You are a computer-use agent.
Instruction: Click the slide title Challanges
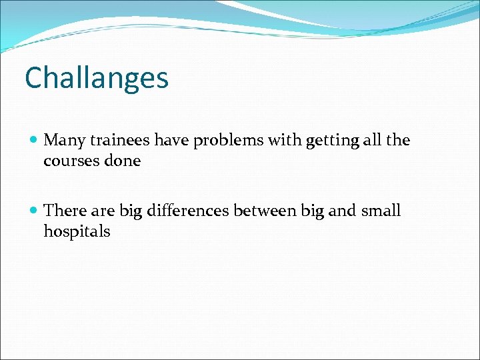[97, 78]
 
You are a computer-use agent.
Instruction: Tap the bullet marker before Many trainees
[34, 141]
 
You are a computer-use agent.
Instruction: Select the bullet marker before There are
[34, 211]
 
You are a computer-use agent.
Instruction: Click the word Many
[64, 141]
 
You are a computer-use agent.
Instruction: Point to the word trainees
[119, 140]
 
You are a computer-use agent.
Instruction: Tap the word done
[122, 161]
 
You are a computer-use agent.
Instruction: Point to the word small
[381, 211]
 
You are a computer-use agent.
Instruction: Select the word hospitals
[77, 232]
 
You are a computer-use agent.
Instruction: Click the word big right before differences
[131, 212]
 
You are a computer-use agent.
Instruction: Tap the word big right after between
[312, 212]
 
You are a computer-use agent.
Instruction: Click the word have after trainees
[171, 140]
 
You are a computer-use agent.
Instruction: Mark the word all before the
[373, 140]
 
